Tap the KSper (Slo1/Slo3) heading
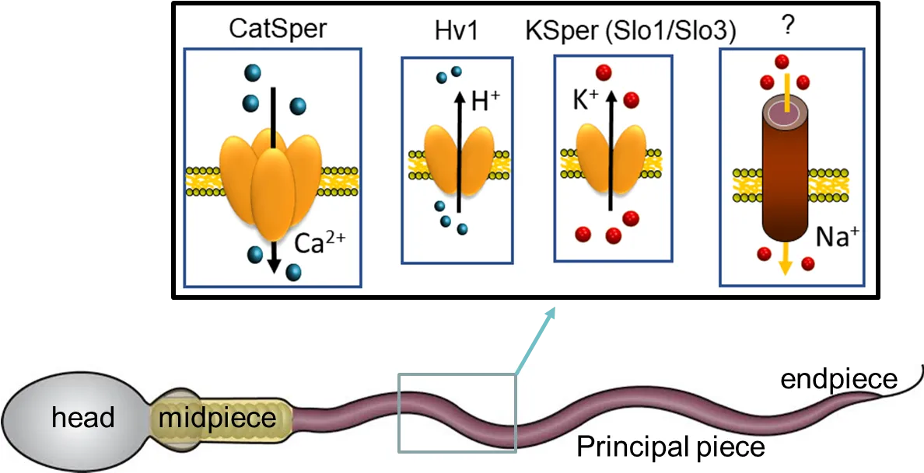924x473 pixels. [631, 33]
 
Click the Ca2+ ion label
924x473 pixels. [318, 242]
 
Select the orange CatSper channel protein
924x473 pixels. [271, 183]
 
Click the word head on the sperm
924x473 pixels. [83, 419]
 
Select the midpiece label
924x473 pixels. [218, 419]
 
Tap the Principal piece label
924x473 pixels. [670, 446]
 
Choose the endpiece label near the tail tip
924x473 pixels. [839, 381]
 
